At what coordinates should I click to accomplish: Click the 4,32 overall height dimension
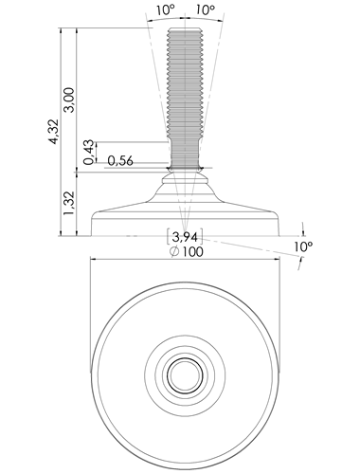pos(54,132)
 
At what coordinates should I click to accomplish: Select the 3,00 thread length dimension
pos(69,100)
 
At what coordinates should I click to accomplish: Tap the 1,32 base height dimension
pos(69,203)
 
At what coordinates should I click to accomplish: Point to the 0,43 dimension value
pos(89,152)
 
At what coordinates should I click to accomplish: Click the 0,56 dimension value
pos(120,161)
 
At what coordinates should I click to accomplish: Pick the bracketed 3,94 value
pos(185,236)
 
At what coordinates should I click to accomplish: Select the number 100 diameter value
pos(192,252)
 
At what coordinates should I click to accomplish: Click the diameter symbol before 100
pos(174,252)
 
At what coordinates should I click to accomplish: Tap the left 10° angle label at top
pos(165,10)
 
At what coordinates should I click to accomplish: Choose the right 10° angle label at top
pos(206,10)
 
